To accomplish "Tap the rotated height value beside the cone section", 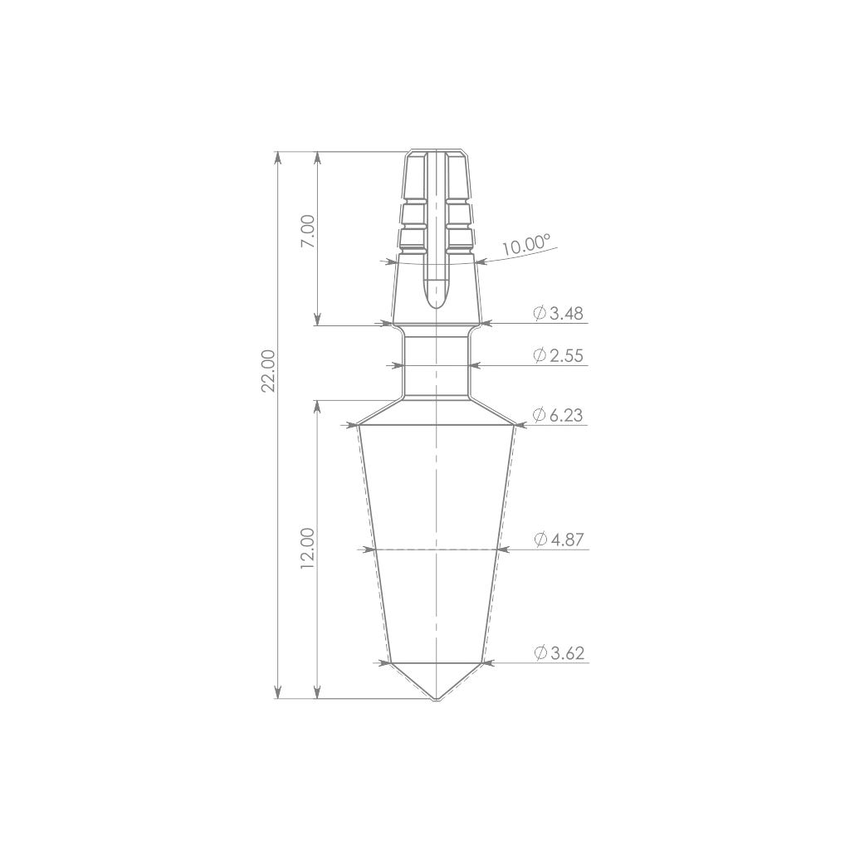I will click(x=308, y=548).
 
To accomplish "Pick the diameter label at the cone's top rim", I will click(x=558, y=415).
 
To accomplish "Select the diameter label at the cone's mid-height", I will click(x=558, y=540).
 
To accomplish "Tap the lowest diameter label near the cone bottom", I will click(x=558, y=654).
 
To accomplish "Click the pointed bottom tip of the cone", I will click(x=432, y=699).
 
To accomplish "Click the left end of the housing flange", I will click(x=386, y=262).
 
